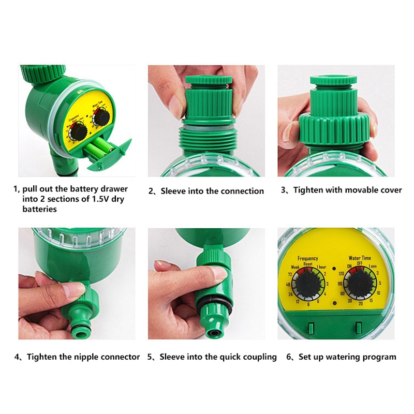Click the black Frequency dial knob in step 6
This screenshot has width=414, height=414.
coord(308,285)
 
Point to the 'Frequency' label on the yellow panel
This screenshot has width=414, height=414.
coord(308,258)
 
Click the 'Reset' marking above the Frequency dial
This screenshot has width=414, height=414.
coord(308,264)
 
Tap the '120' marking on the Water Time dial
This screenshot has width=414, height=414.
coord(341,273)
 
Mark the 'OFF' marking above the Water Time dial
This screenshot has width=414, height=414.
coord(360,263)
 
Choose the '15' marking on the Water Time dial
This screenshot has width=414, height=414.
coord(371,301)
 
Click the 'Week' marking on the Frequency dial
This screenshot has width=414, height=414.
coord(295,267)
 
